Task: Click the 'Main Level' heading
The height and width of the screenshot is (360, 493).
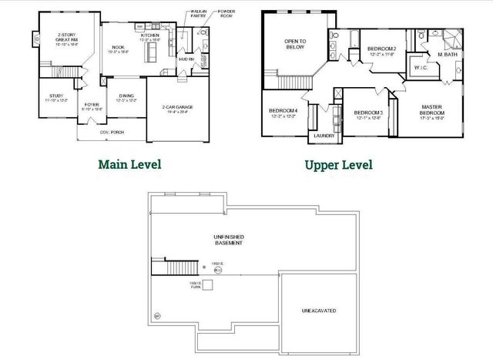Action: point(129,164)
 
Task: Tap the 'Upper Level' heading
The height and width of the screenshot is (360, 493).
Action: point(338,164)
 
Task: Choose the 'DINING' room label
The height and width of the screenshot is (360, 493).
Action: point(126,97)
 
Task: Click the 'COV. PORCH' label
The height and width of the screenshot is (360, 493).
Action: point(112,132)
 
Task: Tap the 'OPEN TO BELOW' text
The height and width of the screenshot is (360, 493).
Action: point(294,44)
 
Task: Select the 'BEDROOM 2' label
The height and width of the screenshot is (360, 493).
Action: point(382,50)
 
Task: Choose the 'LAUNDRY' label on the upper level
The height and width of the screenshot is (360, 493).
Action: point(323,136)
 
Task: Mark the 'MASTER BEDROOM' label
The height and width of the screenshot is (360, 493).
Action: point(431,109)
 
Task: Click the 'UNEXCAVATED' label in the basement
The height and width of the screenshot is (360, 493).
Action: point(318,311)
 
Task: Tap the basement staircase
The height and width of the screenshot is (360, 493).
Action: point(184,267)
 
